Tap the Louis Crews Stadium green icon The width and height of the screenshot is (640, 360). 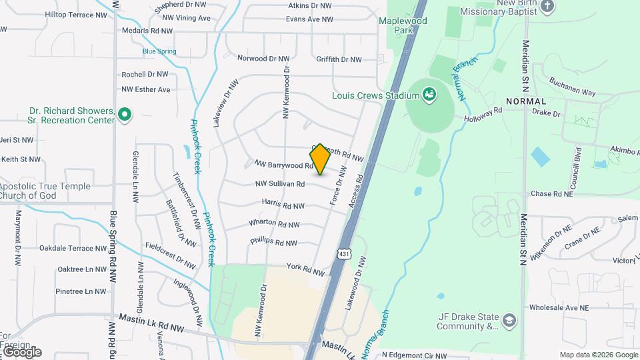point(430,95)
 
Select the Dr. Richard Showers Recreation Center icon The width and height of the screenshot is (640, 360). point(123,116)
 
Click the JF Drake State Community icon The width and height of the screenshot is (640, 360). point(510,321)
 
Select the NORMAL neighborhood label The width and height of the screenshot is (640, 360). point(526,101)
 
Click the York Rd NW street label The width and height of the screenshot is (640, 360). point(305,269)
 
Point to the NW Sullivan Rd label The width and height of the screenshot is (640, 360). point(280,184)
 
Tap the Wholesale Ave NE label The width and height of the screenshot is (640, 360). point(559,308)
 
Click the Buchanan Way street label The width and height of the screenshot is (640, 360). point(572,87)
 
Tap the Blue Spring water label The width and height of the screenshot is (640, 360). point(159,51)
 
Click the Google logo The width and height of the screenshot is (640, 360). point(21,352)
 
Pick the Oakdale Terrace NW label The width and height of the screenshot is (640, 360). point(73,249)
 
